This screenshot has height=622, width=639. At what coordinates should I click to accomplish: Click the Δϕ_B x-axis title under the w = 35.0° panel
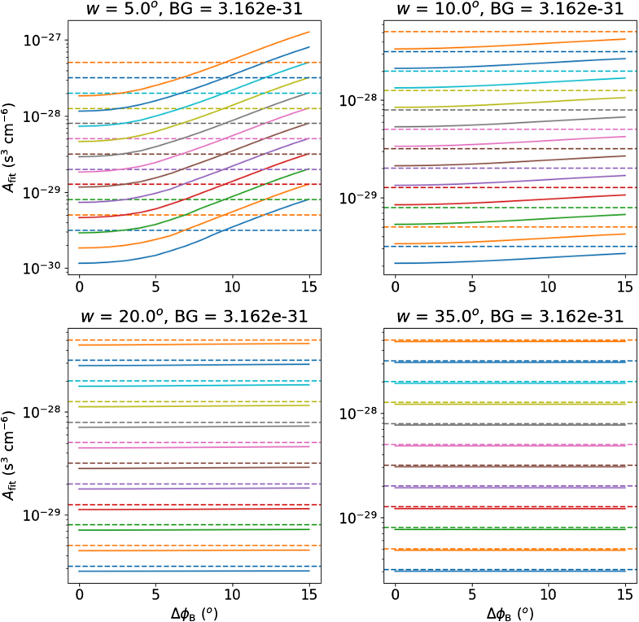tap(510, 612)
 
